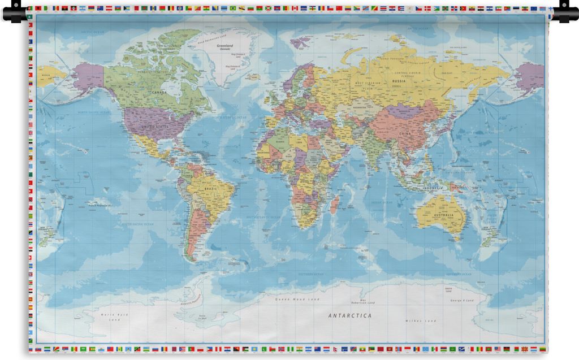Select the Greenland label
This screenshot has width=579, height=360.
pyautogui.click(x=225, y=45)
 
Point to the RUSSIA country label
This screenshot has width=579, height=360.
pyautogui.click(x=399, y=81)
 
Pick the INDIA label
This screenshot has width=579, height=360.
pyautogui.click(x=373, y=152)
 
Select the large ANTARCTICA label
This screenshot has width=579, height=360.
pyautogui.click(x=350, y=315)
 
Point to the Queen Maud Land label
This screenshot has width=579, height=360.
pyautogui.click(x=297, y=299)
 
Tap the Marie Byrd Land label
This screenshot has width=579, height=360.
pyautogui.click(x=115, y=316)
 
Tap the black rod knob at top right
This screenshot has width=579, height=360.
pyautogui.click(x=566, y=11)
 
